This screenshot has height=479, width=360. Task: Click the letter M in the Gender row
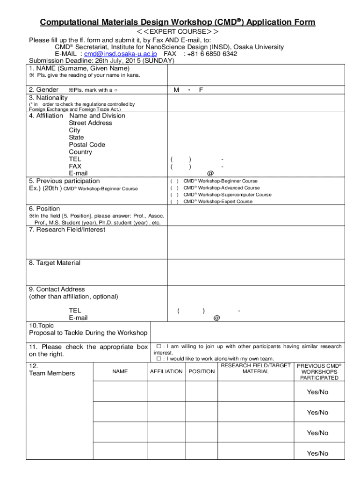[x=176, y=90]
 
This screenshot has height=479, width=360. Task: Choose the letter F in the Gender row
[x=201, y=90]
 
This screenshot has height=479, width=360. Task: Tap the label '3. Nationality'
[x=48, y=97]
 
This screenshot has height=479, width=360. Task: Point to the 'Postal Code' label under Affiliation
[x=87, y=145]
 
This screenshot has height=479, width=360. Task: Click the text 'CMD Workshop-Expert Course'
[x=217, y=202]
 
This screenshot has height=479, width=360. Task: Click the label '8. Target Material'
[x=55, y=263]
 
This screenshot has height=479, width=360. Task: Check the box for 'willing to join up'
[x=159, y=347]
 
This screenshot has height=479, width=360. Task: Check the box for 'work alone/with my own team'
[x=159, y=359]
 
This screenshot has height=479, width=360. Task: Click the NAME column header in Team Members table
[x=120, y=371]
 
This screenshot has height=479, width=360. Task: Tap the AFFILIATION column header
[x=166, y=371]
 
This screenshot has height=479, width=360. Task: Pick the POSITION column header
[x=202, y=371]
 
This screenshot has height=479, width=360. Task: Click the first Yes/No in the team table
[x=317, y=392]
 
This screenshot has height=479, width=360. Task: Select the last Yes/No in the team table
[x=317, y=453]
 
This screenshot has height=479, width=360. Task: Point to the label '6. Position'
[x=44, y=209]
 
